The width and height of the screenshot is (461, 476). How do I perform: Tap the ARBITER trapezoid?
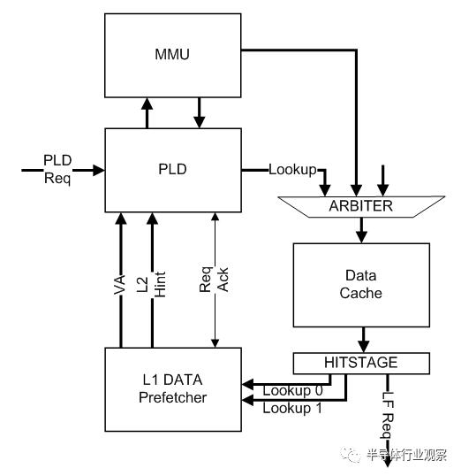point(359,207)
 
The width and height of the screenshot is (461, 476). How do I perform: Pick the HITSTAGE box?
point(361,364)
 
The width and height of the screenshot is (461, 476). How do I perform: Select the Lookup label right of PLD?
point(292,169)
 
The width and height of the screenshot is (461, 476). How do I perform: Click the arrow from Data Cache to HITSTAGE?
point(360,340)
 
